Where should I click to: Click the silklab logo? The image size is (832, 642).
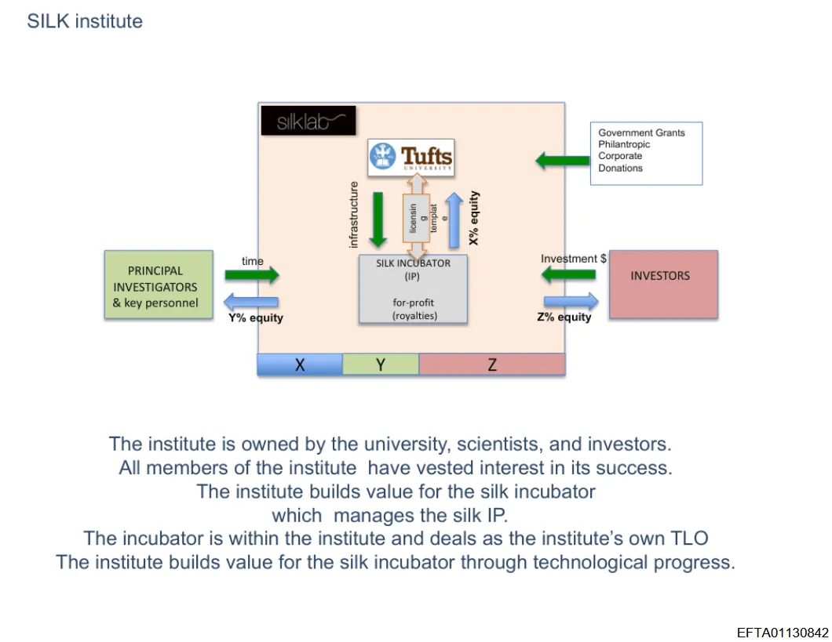(x=308, y=121)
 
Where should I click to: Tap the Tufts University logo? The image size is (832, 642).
(x=411, y=157)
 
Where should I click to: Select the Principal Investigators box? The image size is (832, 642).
(x=159, y=285)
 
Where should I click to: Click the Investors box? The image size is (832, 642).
(x=663, y=285)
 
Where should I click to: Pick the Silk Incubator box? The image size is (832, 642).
(x=413, y=289)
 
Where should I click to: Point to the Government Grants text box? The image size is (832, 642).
(x=646, y=153)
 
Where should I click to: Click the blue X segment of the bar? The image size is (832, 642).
(x=300, y=365)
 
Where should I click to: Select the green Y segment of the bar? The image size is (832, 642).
(x=381, y=365)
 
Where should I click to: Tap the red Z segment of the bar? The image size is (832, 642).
(x=492, y=365)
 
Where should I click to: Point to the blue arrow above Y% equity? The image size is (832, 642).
(x=251, y=303)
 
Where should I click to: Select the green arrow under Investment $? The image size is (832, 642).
(x=568, y=274)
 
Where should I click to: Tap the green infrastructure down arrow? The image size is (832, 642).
(x=378, y=217)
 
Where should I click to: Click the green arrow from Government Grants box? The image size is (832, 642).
(x=562, y=161)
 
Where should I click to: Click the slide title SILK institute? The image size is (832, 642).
(x=85, y=21)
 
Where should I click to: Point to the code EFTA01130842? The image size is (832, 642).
(x=782, y=633)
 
